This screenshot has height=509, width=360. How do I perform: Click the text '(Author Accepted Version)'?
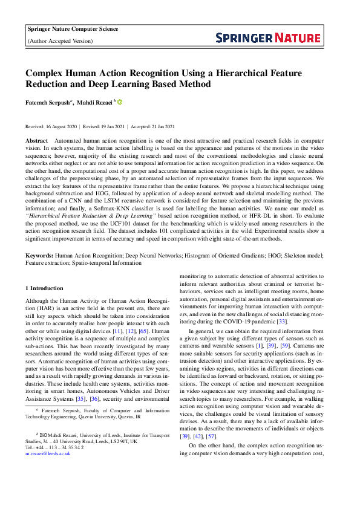click(x=61, y=41)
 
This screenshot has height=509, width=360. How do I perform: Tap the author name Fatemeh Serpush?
click(x=48, y=103)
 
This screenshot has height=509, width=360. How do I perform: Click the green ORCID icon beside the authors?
click(x=120, y=103)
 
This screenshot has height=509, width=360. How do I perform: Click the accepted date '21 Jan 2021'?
click(x=160, y=126)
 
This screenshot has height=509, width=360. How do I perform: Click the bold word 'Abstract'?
click(x=36, y=140)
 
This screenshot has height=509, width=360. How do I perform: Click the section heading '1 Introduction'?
click(x=46, y=288)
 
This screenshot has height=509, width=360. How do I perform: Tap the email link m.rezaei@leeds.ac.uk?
click(x=48, y=453)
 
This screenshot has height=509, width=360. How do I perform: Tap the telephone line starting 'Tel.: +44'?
click(x=54, y=447)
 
